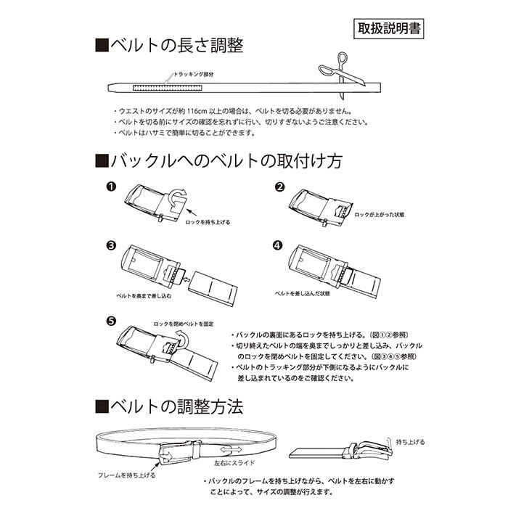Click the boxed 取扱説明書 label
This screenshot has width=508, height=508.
(x=390, y=28)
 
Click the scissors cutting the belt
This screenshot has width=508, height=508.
(x=335, y=79)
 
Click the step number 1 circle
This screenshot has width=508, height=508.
(x=111, y=187)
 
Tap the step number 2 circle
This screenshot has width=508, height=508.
(x=278, y=187)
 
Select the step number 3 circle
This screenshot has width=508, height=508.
(x=111, y=245)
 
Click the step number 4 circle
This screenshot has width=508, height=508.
(x=278, y=245)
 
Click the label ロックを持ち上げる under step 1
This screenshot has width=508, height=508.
(x=210, y=222)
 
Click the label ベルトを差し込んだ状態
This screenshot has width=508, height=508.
(x=302, y=293)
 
